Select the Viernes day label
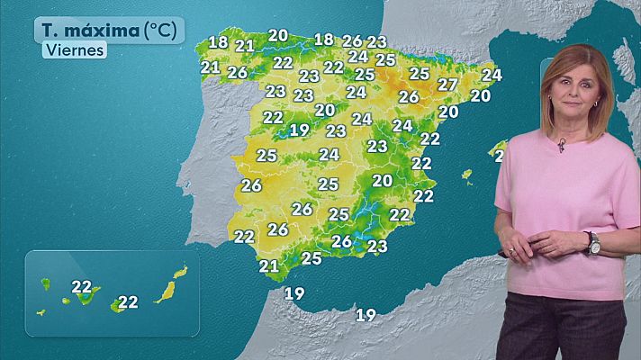(x=74, y=50)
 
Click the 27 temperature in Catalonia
(x=447, y=84)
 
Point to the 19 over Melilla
(x=366, y=314)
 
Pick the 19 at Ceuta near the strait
(x=294, y=293)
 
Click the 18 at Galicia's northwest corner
(x=218, y=41)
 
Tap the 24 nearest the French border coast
(x=491, y=75)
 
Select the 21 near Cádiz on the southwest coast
(x=268, y=265)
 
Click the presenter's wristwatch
(x=593, y=243)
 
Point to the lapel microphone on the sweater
(x=561, y=145)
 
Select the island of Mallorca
(x=497, y=147)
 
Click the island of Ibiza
(x=466, y=175)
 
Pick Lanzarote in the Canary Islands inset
(x=180, y=270)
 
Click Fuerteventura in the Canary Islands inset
(x=166, y=292)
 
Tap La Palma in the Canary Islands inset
(x=45, y=283)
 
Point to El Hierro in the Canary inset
(x=41, y=312)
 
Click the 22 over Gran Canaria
(x=128, y=302)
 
